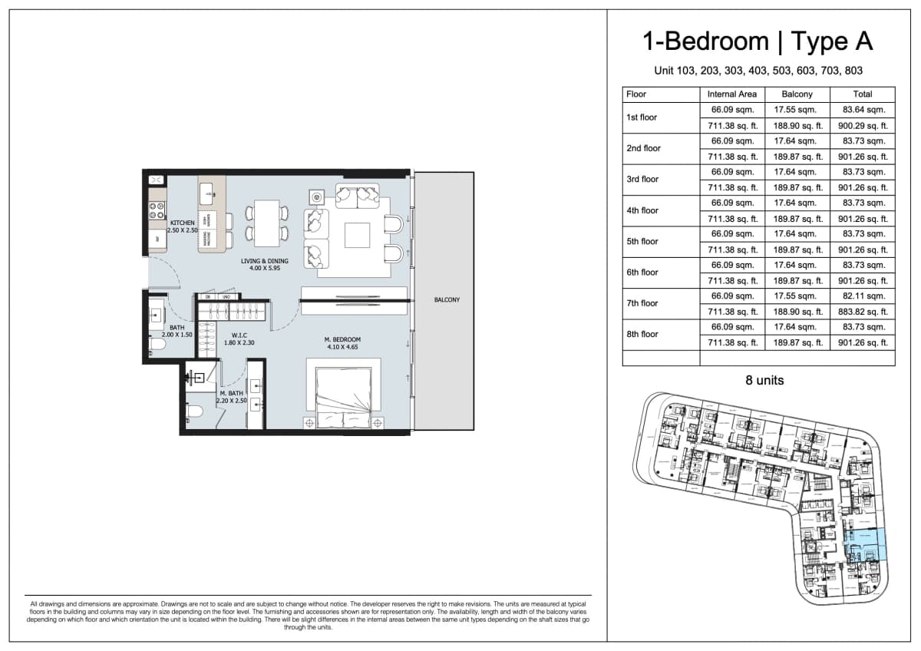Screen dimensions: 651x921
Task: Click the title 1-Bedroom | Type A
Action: pos(758,41)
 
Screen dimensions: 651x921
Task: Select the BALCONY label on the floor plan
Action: pos(446,300)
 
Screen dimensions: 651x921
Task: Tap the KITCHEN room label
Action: pos(183,223)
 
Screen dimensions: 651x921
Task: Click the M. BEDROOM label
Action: pos(342,339)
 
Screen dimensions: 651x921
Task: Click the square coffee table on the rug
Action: pos(357,234)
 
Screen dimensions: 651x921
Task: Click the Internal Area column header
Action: pos(732,94)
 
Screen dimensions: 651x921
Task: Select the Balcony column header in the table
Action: pos(797,94)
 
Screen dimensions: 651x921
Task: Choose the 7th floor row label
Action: pos(642,303)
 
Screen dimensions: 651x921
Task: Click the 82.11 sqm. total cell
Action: pos(863,296)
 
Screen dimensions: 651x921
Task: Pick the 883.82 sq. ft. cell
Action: pos(863,312)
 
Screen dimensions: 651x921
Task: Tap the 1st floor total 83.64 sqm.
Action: pos(863,110)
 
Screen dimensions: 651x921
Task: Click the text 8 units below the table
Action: pos(764,380)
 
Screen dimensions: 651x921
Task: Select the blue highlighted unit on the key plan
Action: pos(866,544)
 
